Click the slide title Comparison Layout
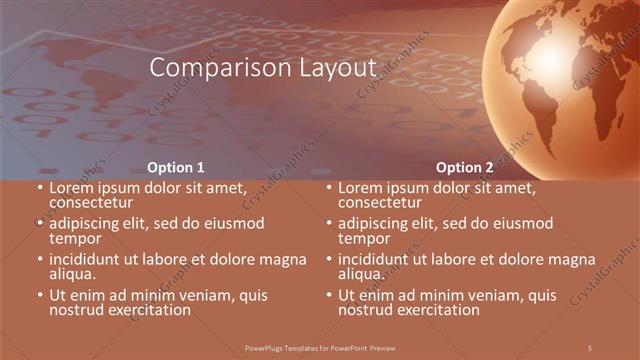pos(262,68)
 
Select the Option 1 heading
pos(176,167)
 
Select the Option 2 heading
pos(465,167)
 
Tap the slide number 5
pos(590,347)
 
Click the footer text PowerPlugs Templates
pos(319,347)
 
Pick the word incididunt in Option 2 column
pos(378,259)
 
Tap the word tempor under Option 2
pos(365,238)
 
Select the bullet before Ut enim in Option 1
pos(40,296)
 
